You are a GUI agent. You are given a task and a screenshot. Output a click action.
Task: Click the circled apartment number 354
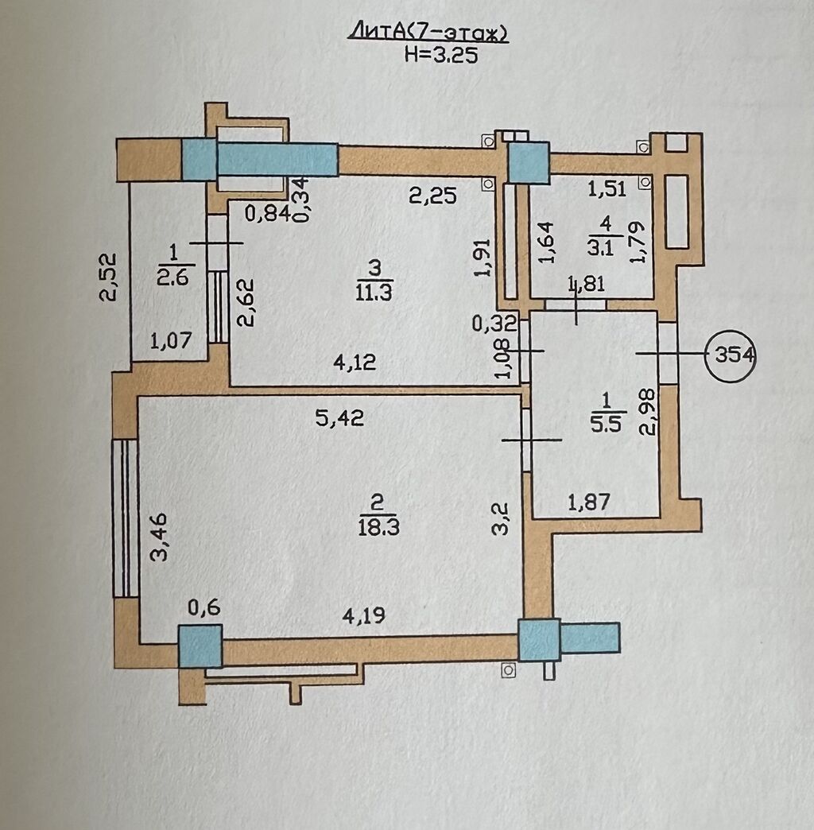(731, 355)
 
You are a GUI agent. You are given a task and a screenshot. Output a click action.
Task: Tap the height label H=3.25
(441, 55)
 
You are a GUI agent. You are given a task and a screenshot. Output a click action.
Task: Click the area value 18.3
(378, 526)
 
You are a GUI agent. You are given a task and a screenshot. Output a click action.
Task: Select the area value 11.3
(374, 292)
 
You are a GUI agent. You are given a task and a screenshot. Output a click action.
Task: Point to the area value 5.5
(606, 424)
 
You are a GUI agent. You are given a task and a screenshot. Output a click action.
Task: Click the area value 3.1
(600, 247)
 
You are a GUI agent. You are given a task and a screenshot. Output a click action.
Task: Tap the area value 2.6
(172, 276)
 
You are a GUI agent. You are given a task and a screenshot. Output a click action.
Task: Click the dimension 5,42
(339, 419)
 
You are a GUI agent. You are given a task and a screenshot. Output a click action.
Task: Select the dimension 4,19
(363, 615)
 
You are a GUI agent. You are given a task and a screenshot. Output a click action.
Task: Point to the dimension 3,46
(159, 536)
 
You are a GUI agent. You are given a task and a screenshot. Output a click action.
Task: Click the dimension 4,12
(355, 363)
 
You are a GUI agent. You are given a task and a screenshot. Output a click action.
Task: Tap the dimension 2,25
(433, 196)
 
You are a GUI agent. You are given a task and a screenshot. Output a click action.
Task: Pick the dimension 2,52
(108, 277)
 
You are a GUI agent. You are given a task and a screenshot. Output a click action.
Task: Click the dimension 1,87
(589, 502)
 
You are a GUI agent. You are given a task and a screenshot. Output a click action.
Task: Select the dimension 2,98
(647, 413)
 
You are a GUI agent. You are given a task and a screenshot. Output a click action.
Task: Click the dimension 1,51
(607, 188)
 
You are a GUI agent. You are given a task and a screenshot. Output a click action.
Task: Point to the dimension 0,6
(203, 608)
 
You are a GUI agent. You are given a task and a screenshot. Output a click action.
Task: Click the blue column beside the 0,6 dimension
(200, 646)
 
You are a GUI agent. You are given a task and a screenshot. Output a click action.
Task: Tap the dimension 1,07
(170, 340)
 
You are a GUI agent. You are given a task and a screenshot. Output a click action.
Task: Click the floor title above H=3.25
(427, 33)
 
